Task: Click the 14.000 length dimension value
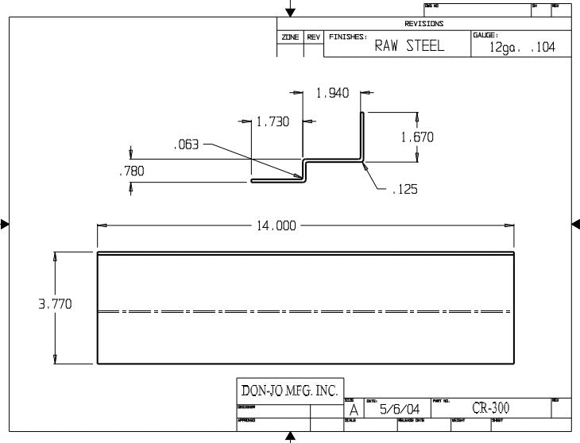275,225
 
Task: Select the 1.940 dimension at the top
332,93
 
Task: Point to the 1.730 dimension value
273,121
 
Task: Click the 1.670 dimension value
417,137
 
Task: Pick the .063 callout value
187,144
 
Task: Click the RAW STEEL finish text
409,46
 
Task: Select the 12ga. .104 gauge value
522,48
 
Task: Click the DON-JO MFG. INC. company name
289,391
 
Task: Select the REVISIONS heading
424,24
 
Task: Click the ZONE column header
289,37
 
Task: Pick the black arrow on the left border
5,225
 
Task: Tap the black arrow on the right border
575,225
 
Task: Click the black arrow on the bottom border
291,437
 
